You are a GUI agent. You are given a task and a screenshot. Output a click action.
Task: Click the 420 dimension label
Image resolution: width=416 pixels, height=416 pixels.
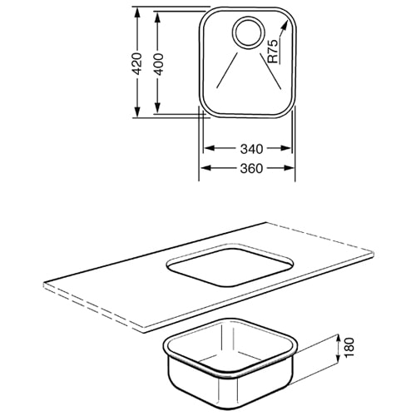[137, 63]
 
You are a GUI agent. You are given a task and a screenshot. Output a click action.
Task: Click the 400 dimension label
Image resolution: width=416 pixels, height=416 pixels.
[158, 64]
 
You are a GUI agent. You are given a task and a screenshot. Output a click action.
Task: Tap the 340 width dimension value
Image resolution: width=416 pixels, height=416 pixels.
[251, 149]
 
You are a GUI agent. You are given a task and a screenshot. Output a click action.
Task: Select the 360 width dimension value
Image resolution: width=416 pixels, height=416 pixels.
[251, 168]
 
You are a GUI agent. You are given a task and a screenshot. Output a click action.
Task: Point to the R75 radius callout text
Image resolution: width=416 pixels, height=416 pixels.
[273, 51]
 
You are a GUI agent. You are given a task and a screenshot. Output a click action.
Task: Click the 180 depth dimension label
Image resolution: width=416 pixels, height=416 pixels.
[350, 347]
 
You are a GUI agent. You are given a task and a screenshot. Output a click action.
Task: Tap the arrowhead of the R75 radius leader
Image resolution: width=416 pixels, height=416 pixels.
[285, 26]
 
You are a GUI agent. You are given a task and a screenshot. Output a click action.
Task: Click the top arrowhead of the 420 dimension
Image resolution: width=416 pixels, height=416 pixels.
[136, 12]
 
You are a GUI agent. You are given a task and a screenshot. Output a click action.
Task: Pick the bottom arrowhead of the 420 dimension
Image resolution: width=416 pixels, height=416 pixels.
[136, 111]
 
